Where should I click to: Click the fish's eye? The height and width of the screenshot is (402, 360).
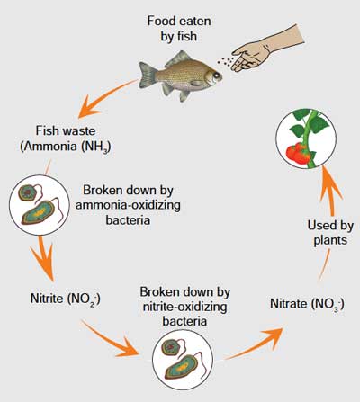pyautogui.click(x=216, y=75)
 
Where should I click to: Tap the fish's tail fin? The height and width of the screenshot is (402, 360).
pyautogui.click(x=148, y=75)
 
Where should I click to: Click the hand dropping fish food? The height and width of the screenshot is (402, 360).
pyautogui.click(x=267, y=49)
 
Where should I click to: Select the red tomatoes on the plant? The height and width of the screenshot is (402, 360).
pyautogui.click(x=300, y=154)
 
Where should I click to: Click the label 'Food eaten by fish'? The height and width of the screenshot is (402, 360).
pyautogui.click(x=179, y=29)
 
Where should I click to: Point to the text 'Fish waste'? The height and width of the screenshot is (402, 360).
pyautogui.click(x=66, y=130)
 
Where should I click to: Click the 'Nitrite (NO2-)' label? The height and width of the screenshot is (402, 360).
pyautogui.click(x=66, y=299)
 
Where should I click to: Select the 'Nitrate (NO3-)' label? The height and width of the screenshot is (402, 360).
pyautogui.click(x=307, y=304)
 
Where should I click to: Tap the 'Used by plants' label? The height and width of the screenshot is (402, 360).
pyautogui.click(x=330, y=233)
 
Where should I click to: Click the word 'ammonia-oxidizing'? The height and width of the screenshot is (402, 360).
pyautogui.click(x=128, y=205)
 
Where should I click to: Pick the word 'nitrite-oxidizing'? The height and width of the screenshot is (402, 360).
pyautogui.click(x=184, y=307)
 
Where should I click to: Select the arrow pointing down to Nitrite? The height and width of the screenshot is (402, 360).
pyautogui.click(x=44, y=258)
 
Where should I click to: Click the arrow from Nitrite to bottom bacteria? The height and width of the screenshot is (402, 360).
pyautogui.click(x=110, y=339)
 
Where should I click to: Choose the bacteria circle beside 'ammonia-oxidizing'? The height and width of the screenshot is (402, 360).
pyautogui.click(x=40, y=205)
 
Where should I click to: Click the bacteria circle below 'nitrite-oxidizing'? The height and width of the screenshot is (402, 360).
pyautogui.click(x=183, y=360)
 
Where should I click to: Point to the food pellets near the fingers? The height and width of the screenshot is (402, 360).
pyautogui.click(x=226, y=61)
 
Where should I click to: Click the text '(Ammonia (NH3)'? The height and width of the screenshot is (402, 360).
pyautogui.click(x=66, y=147)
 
